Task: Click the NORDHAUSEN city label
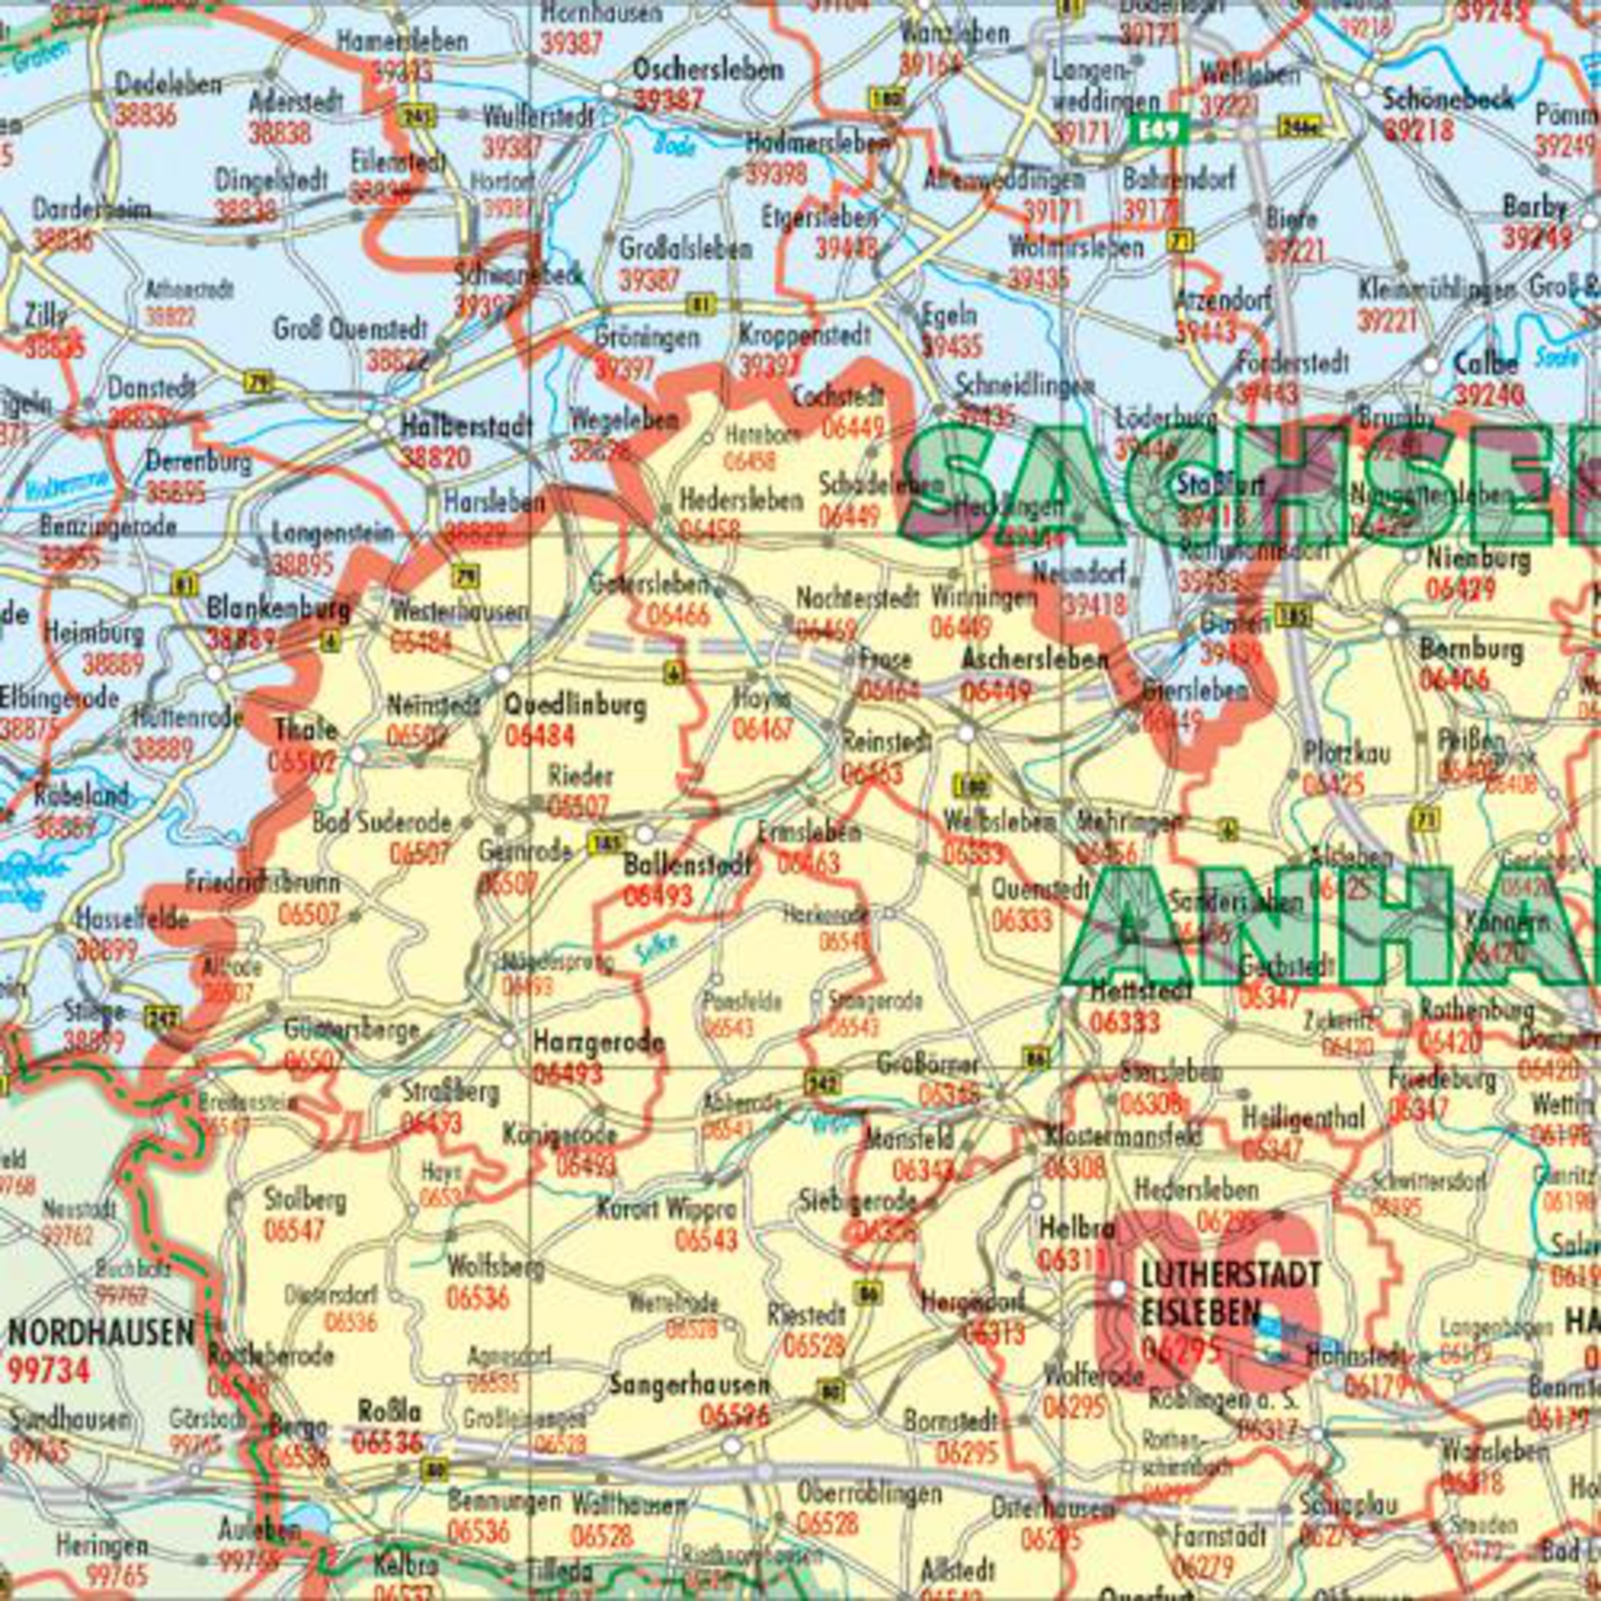tap(102, 1334)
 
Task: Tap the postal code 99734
tap(49, 1370)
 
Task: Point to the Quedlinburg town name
tap(574, 707)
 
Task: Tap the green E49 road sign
tap(1159, 128)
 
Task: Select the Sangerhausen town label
tap(689, 1385)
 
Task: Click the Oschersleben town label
tap(708, 70)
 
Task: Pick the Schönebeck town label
tap(1447, 99)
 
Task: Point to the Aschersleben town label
tap(1034, 660)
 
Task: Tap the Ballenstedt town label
tap(687, 866)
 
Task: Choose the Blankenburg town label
tap(279, 610)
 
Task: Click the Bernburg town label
tap(1471, 649)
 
